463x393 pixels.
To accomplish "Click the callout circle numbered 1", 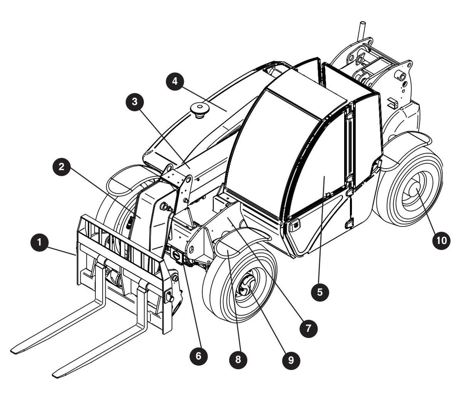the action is (39, 242).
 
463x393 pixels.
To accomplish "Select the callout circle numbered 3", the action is (135, 102).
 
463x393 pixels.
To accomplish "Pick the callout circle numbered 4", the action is (175, 81).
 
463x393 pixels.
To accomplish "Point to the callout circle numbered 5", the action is (320, 292).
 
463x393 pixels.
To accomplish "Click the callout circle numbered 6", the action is (199, 356).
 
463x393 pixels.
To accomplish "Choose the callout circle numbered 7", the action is (308, 329).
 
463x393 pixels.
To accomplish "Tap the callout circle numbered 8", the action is (238, 359).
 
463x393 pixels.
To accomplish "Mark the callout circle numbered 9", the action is (291, 361).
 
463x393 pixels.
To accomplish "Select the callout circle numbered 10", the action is (441, 241).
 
